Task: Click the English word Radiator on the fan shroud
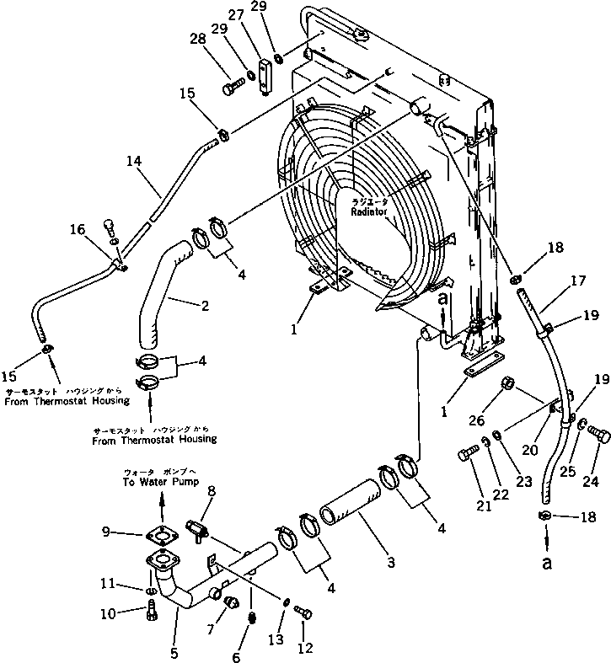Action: pos(370,212)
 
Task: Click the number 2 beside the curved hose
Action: pos(204,307)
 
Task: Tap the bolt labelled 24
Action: pos(598,436)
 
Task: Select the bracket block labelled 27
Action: pos(269,72)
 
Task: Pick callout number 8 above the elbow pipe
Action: pos(212,490)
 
